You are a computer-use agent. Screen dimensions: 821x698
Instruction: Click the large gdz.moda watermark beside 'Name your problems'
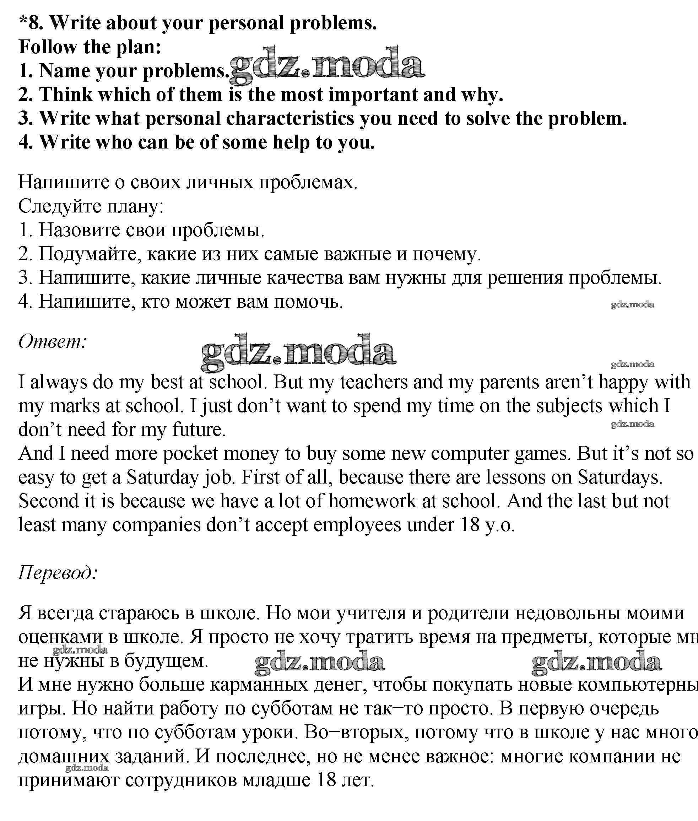coord(327,65)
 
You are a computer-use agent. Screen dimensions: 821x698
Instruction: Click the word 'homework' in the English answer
coord(372,501)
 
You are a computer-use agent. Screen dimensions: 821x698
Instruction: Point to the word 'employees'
coord(357,525)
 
